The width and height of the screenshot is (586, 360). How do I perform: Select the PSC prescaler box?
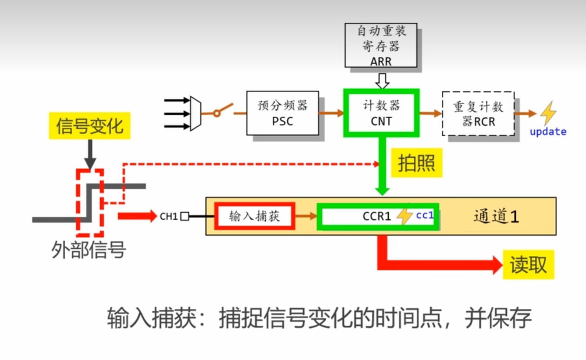[x=283, y=113]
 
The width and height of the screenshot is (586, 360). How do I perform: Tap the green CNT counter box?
[x=381, y=113]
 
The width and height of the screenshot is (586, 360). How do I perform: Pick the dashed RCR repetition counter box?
[x=478, y=114]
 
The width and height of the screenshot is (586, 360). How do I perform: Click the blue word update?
[x=548, y=132]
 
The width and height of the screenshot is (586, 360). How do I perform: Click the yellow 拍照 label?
[x=416, y=163]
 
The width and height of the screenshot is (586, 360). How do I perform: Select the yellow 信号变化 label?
[x=89, y=126]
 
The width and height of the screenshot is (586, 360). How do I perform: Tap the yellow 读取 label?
[x=528, y=265]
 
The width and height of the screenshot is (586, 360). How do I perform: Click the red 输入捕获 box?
[x=255, y=216]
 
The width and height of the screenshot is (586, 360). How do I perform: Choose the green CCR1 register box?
[x=377, y=216]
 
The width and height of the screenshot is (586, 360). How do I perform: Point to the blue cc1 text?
[x=424, y=215]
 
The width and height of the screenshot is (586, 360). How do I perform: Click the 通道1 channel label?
[x=496, y=216]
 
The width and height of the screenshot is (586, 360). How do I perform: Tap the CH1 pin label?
[x=168, y=216]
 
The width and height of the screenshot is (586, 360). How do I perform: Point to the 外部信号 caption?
[x=88, y=250]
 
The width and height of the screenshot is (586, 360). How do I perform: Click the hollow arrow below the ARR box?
[x=382, y=82]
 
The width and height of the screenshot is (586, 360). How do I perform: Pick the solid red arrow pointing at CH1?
[x=137, y=216]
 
